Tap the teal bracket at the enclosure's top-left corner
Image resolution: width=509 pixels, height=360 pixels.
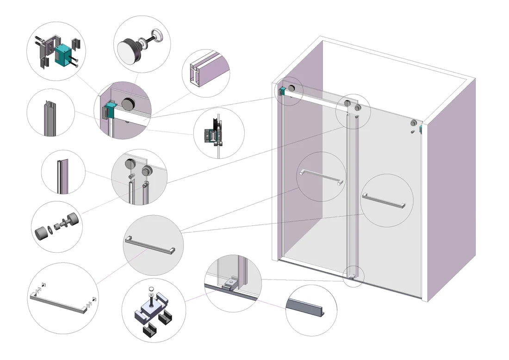(x=282, y=91)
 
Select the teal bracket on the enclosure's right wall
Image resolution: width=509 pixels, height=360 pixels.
(x=420, y=128)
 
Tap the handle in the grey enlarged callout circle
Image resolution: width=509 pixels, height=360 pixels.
(x=150, y=245)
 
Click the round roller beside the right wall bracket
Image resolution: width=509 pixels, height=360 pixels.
(x=413, y=124)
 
